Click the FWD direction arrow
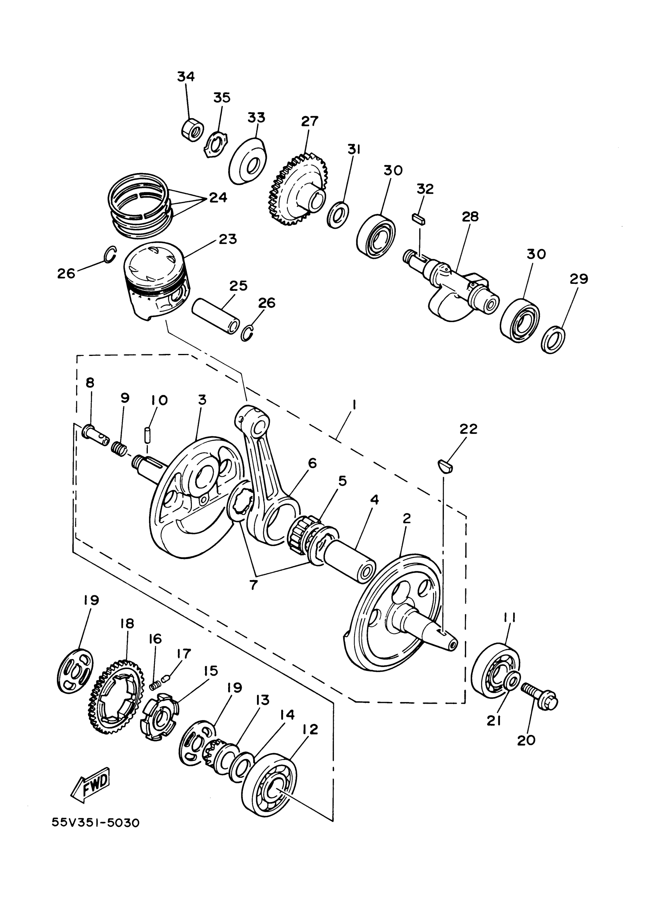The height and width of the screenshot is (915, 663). click(91, 785)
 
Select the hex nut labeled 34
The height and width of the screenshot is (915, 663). click(191, 130)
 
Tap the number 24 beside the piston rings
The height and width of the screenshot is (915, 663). click(218, 198)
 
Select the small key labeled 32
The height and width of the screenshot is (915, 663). click(419, 219)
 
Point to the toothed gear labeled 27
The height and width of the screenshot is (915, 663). click(298, 189)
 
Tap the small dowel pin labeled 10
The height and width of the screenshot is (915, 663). click(147, 435)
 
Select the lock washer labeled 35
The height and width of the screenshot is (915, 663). click(216, 147)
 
